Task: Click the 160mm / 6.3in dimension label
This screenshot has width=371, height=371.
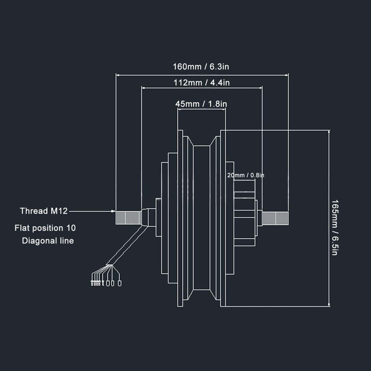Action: tap(201, 66)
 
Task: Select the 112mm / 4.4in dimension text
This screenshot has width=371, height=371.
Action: tap(202, 83)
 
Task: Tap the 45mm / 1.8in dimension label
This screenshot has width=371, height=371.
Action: tap(201, 104)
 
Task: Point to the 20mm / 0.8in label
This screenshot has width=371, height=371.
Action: tap(245, 175)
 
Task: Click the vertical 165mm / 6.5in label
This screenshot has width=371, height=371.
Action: tap(335, 228)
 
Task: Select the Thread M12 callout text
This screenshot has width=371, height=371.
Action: tap(44, 211)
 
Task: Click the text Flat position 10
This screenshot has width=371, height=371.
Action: tap(45, 228)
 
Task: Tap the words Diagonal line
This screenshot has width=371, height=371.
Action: tap(48, 241)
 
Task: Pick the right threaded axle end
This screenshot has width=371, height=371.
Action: tap(275, 218)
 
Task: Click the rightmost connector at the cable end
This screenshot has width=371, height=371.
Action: tap(120, 283)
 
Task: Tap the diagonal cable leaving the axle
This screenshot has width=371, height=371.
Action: tap(127, 245)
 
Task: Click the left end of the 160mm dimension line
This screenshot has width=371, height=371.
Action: tap(116, 75)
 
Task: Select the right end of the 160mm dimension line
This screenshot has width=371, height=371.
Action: tap(288, 75)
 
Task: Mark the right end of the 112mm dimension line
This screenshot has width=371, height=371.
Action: tap(262, 88)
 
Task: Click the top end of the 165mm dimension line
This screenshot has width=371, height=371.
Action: tap(329, 131)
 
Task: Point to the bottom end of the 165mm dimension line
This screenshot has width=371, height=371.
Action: tap(329, 306)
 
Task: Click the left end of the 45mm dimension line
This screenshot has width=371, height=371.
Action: tap(178, 108)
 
